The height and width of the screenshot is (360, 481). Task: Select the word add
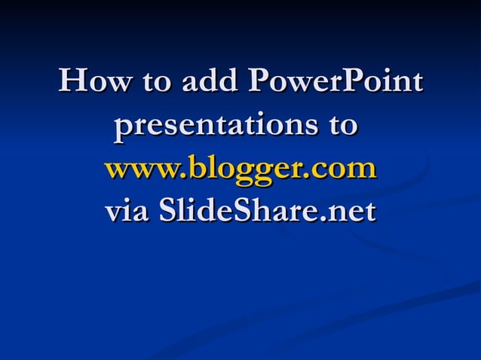(x=206, y=82)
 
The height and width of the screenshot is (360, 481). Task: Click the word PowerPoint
(x=334, y=82)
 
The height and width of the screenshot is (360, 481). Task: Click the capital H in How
(x=72, y=81)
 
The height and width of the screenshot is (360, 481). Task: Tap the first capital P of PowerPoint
(x=256, y=81)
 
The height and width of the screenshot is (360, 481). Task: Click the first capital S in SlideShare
(x=167, y=211)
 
